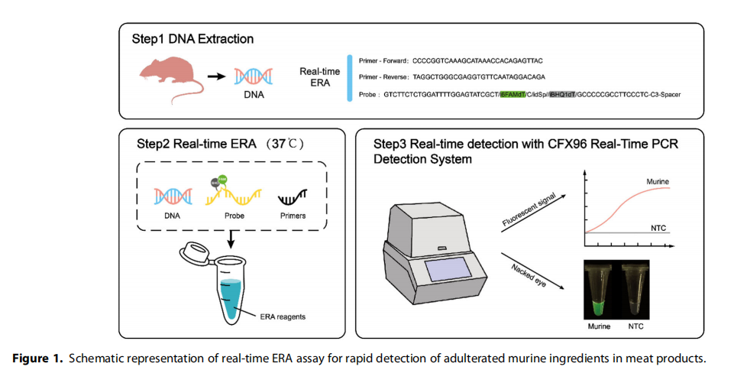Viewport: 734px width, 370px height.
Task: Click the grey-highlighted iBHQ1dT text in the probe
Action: pyautogui.click(x=565, y=95)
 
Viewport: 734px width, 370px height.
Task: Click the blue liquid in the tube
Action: pyautogui.click(x=230, y=294)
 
